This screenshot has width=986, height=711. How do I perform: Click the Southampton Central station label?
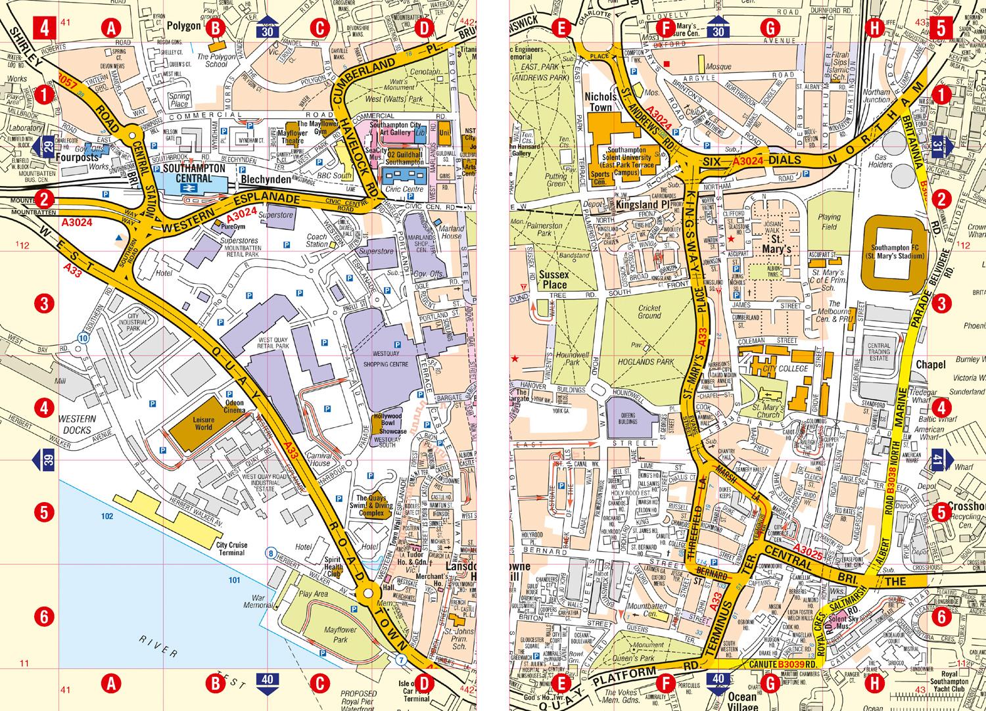coord(189,172)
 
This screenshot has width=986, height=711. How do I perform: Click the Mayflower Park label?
coord(339,633)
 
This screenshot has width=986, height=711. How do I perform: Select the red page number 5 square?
coord(941,29)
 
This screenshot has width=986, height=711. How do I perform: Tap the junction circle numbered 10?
coord(82,338)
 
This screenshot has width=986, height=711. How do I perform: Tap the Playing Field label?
coord(830,221)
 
